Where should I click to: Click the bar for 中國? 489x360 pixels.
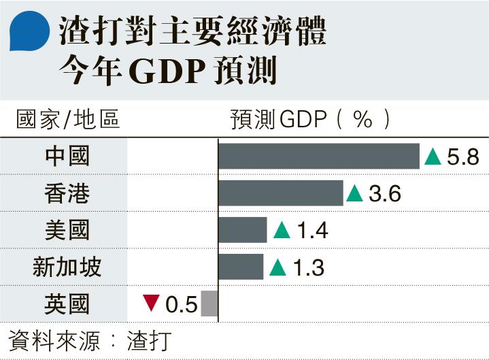[x=318, y=157]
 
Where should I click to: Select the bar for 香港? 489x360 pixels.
[x=280, y=193]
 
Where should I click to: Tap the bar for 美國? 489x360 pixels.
[x=242, y=230]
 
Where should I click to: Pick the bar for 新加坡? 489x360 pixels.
[x=240, y=267]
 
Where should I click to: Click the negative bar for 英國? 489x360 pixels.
[x=209, y=304]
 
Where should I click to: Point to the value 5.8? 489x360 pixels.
[x=464, y=157]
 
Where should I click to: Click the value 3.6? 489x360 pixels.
[x=385, y=194]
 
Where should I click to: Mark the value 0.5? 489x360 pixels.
[x=182, y=304]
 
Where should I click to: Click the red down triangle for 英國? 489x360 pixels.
[x=151, y=303]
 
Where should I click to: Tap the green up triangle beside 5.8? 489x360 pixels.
[x=433, y=157]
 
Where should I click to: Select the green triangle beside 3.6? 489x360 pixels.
[x=354, y=194]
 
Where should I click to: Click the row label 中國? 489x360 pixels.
[x=67, y=157]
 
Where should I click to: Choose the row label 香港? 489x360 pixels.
[x=67, y=194]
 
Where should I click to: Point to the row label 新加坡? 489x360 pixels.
[x=67, y=267]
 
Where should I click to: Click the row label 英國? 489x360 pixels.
[x=67, y=304]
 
